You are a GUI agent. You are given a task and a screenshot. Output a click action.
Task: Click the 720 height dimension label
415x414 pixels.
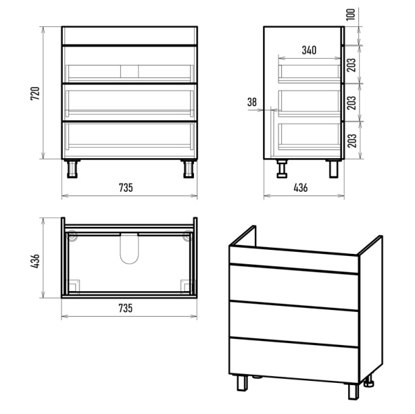point(35,93)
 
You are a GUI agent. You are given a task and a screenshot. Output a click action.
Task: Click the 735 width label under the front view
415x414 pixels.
point(126,188)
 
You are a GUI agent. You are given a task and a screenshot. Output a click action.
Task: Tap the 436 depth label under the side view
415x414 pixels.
point(300,188)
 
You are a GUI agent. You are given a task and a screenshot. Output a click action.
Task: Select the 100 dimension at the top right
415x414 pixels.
point(350,14)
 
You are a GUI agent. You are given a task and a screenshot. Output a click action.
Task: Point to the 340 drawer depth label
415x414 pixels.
point(309,50)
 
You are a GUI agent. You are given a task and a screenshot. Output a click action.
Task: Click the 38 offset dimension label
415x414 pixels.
point(252,102)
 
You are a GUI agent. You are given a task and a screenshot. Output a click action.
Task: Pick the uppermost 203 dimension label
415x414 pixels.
point(351,65)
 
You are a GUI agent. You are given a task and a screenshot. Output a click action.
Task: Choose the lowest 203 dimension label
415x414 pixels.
point(351,141)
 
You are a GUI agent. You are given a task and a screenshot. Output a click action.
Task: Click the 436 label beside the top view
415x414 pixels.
point(35,261)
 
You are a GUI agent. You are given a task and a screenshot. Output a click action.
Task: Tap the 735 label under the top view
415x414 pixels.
point(126,308)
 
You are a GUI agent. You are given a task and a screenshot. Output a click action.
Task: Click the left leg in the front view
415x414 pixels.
point(72,168)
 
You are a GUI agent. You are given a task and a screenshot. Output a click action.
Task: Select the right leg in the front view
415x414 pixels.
point(189,168)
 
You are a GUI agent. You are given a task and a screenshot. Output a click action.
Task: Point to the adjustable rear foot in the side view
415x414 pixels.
point(282,168)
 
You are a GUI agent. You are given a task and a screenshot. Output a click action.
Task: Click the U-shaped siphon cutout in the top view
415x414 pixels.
point(129,249)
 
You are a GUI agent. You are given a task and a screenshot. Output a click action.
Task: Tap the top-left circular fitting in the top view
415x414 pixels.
point(72,235)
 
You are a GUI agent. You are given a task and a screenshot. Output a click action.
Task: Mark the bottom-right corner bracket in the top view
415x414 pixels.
point(186,286)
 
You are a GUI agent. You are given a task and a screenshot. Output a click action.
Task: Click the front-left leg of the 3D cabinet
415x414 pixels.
point(242,382)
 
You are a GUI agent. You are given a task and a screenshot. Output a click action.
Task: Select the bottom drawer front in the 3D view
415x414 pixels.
point(293,360)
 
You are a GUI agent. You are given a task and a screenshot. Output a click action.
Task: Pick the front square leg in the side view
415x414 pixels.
point(334,168)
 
